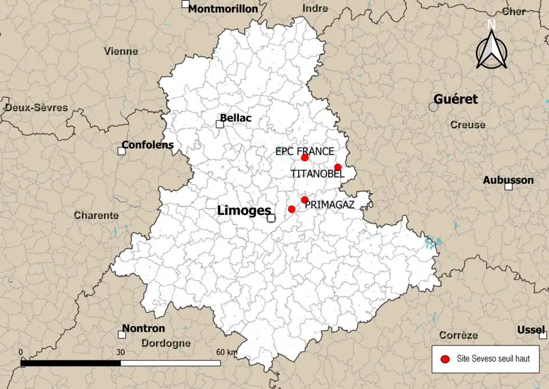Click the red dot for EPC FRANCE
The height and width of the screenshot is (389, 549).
point(305,158)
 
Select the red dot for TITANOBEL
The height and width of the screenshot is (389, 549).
point(338,167)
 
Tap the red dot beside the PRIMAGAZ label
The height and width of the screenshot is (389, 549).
point(305,200)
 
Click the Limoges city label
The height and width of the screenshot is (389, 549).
point(244,211)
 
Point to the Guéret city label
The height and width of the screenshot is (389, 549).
point(455,99)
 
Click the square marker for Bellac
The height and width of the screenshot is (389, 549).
point(220,124)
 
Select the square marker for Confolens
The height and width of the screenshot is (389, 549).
point(121,151)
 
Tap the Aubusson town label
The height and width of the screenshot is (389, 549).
point(508,180)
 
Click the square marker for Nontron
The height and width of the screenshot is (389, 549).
point(121,334)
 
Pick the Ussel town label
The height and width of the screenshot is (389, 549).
point(531,330)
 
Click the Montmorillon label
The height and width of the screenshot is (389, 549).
point(223,9)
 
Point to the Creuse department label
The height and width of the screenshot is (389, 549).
point(467,125)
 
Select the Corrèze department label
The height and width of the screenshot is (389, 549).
point(458,335)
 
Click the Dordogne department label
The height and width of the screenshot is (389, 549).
point(166,344)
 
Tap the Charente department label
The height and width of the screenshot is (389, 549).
point(96,216)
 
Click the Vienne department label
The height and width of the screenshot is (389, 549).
point(121,51)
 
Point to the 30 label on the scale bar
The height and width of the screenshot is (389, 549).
point(121,352)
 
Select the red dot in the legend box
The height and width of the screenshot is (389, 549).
point(444,359)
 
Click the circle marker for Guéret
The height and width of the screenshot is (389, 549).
point(433,107)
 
